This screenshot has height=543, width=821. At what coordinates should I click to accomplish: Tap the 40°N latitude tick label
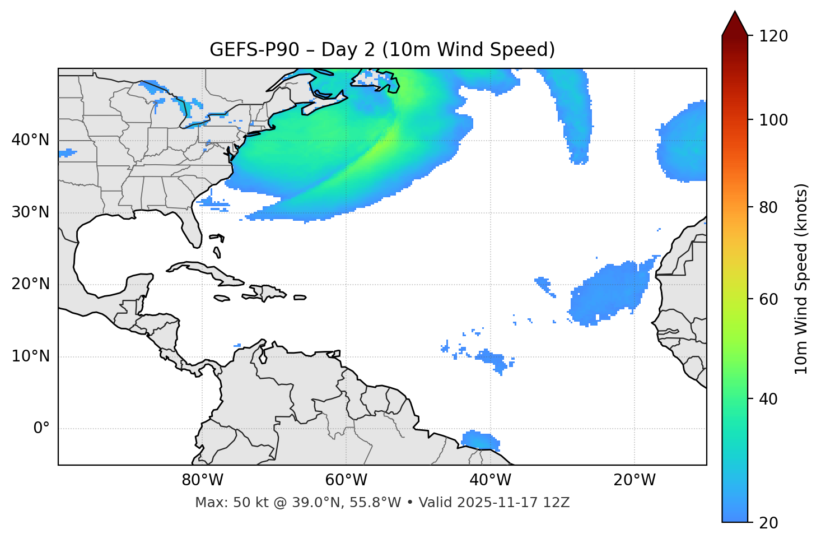tap(30, 140)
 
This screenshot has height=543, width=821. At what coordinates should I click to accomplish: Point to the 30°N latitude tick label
tap(30, 212)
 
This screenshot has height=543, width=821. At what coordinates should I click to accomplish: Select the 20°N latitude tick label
tap(30, 284)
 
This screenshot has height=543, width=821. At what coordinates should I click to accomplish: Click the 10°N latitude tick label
tap(30, 356)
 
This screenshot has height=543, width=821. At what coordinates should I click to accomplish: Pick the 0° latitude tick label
tap(41, 429)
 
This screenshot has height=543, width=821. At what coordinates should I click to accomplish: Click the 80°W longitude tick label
tap(202, 480)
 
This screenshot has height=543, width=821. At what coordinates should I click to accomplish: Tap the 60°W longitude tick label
tap(346, 480)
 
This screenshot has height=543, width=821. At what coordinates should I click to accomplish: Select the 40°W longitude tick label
tap(490, 480)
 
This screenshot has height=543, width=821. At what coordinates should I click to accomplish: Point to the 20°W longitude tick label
tap(634, 480)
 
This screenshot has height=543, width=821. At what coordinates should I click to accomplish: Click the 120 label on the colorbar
tap(773, 36)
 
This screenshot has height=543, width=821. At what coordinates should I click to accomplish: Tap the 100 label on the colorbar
tap(773, 120)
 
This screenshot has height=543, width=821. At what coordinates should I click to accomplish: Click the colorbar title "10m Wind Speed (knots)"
tap(801, 279)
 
